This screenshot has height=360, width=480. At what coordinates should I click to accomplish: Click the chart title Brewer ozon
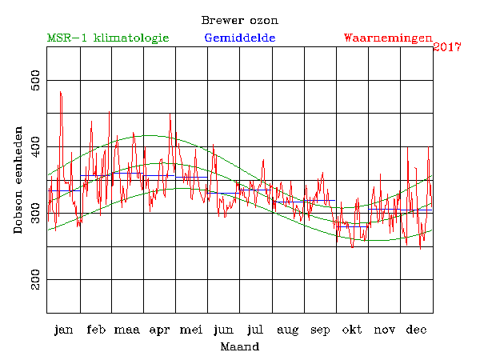pos(239,20)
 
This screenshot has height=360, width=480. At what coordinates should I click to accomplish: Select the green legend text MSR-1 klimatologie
pos(108,38)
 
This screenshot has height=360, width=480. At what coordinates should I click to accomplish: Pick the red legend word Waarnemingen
pos(388,38)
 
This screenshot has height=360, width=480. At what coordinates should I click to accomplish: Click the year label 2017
pos(447,47)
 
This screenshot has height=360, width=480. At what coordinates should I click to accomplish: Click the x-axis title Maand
pos(239,347)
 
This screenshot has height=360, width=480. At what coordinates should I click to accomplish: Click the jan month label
pos(63,330)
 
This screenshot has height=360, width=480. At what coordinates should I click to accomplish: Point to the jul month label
pos(256,330)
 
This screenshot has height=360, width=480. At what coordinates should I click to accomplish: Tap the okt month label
pos(352,330)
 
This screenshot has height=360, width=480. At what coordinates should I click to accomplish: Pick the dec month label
pos(416,330)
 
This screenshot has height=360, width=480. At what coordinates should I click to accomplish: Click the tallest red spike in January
pos(60,93)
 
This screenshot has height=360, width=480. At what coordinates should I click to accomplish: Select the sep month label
pos(320,330)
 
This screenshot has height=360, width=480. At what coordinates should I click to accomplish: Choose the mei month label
pos(191,330)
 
